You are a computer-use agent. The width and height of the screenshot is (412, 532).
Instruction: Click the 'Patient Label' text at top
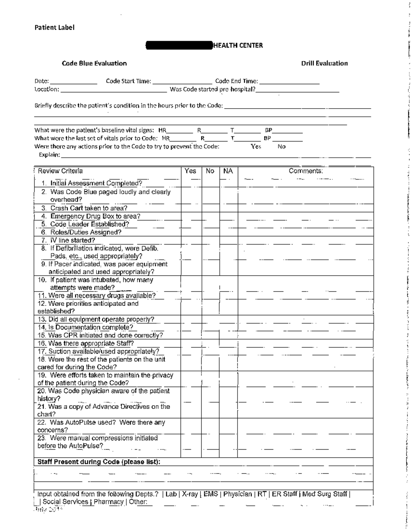point(54,27)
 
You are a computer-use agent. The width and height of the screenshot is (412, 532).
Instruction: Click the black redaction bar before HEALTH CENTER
point(179,45)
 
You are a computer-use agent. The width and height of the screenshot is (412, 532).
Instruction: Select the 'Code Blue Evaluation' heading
point(94,63)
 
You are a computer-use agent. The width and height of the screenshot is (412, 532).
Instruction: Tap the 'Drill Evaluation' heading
point(324,63)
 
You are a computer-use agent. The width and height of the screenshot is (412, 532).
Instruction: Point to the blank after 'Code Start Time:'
point(182,82)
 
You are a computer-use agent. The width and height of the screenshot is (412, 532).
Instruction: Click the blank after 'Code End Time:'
point(289,82)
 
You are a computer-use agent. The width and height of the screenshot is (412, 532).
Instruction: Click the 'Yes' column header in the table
point(191,171)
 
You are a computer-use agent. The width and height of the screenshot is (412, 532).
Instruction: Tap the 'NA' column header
point(228,171)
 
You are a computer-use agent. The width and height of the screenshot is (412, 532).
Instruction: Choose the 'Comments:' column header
point(306,171)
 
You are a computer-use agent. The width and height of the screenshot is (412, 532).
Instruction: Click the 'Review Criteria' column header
point(60,171)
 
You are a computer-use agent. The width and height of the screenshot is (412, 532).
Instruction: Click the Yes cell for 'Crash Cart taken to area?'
point(191,208)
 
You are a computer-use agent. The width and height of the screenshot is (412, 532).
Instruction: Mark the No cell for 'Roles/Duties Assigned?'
point(210,232)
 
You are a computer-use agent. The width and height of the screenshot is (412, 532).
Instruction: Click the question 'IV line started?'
point(72,240)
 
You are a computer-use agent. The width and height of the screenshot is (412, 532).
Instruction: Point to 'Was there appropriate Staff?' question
point(91,343)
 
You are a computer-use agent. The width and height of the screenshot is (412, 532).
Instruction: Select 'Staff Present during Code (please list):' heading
point(99,462)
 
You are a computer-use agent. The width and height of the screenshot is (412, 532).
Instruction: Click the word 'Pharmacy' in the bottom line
point(108,502)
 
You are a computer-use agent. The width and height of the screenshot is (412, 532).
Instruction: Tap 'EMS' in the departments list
point(210,494)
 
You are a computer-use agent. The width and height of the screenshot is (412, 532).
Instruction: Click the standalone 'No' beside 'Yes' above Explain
point(282,147)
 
